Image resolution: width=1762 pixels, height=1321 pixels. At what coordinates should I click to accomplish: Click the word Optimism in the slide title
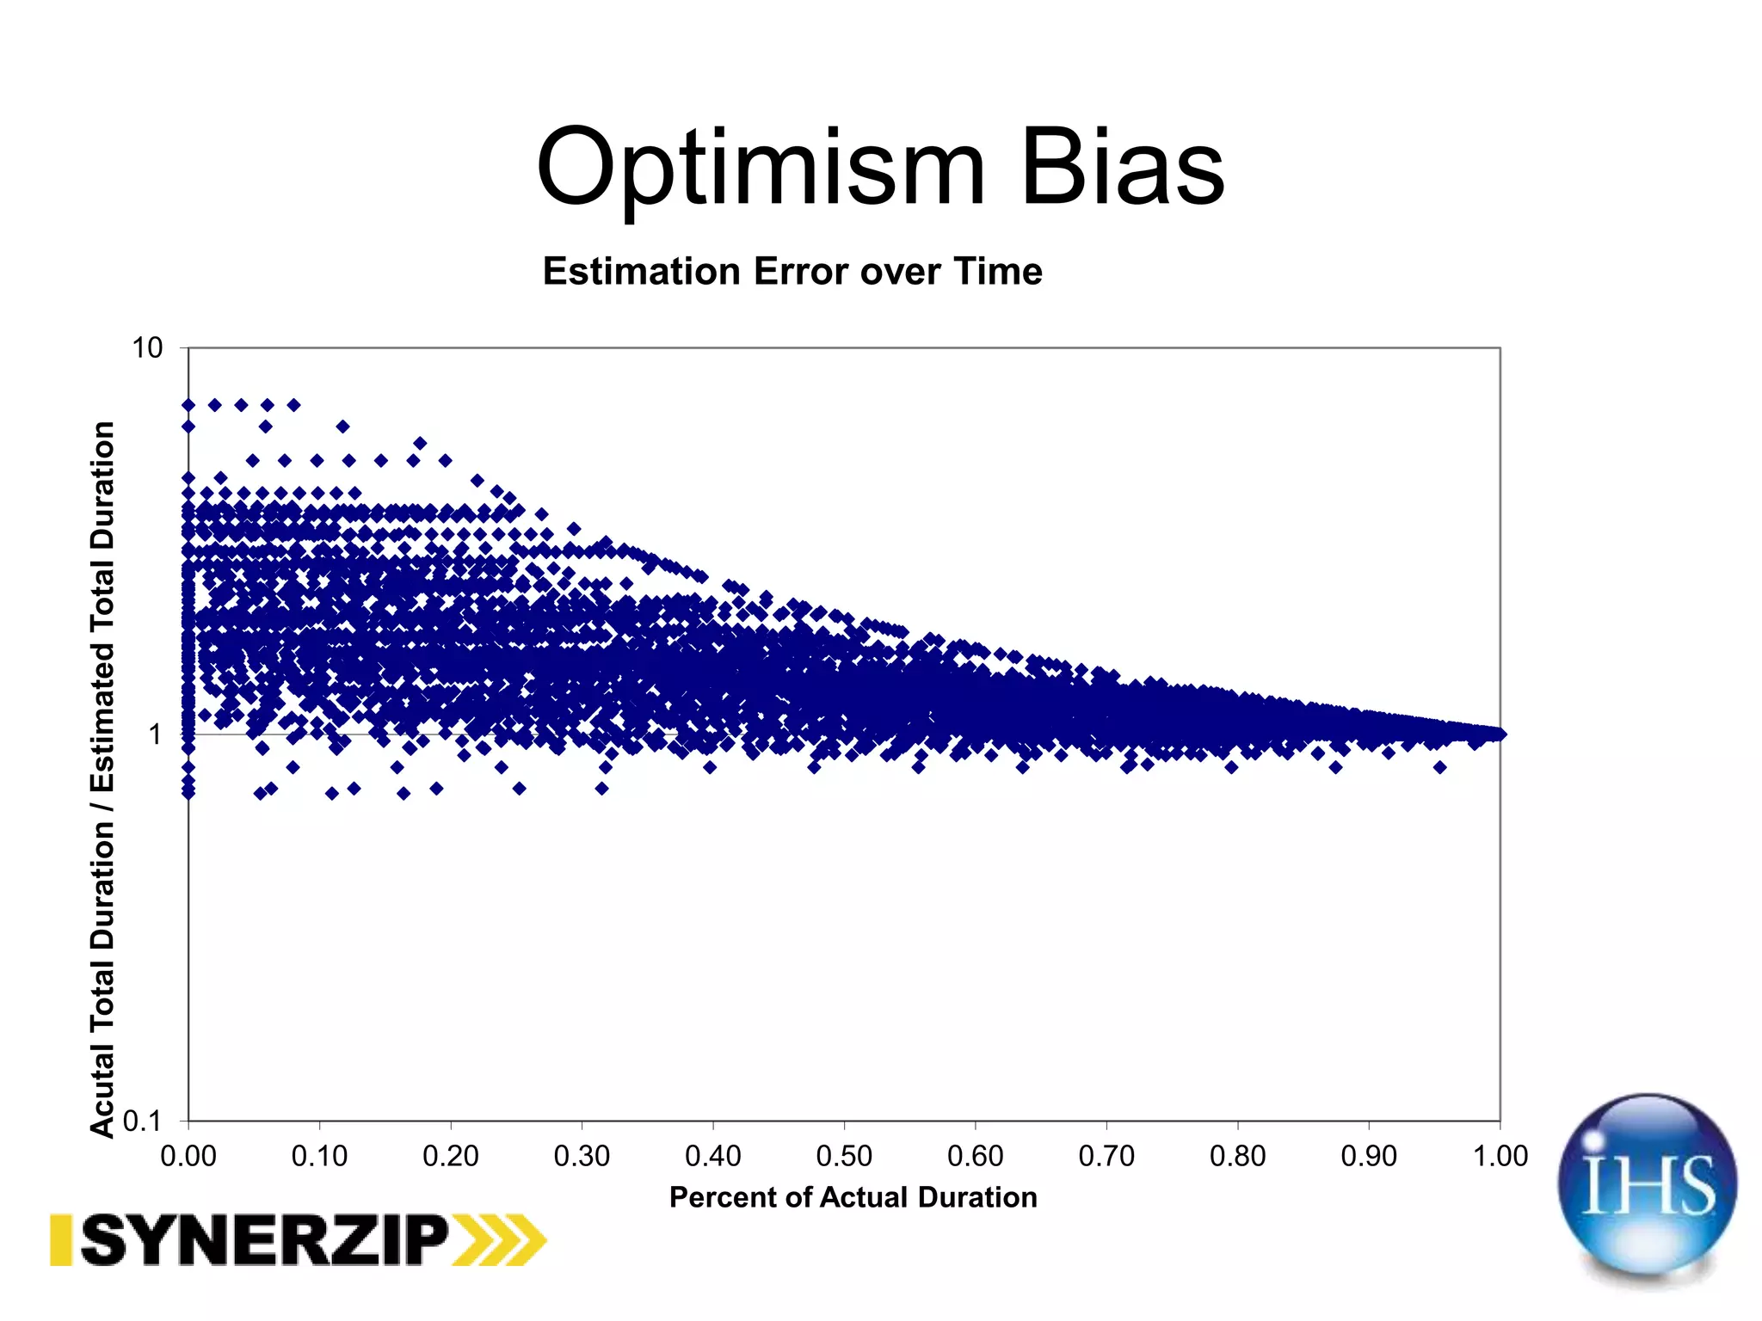click(x=761, y=168)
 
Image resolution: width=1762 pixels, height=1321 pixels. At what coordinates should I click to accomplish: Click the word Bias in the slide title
click(x=1123, y=168)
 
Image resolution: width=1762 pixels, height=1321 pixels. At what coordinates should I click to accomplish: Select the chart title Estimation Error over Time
click(x=792, y=272)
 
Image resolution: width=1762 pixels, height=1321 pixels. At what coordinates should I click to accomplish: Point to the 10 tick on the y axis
click(x=147, y=348)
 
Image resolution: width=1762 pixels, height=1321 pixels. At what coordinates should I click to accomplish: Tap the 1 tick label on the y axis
click(x=155, y=735)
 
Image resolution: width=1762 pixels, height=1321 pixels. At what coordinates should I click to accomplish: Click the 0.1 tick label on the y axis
click(x=142, y=1121)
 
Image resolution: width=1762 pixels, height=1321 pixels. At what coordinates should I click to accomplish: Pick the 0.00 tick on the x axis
click(x=188, y=1156)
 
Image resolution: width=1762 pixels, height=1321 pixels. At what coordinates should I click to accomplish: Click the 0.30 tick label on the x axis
click(x=582, y=1156)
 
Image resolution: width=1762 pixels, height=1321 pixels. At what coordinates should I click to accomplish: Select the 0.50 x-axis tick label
click(x=844, y=1156)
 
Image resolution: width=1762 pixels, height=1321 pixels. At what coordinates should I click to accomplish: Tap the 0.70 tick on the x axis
click(x=1106, y=1156)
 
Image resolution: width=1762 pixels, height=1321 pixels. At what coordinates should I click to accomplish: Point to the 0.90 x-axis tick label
click(x=1369, y=1156)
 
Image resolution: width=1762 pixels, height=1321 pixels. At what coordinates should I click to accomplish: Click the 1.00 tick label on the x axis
click(x=1500, y=1156)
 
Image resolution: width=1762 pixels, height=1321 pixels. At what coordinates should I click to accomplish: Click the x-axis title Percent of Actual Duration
click(x=853, y=1197)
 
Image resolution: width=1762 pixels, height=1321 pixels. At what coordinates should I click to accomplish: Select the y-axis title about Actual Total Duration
click(x=102, y=778)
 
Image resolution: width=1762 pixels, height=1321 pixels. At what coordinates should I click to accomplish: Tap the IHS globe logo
click(x=1647, y=1187)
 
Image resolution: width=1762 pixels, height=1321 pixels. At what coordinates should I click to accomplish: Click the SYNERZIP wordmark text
click(x=265, y=1240)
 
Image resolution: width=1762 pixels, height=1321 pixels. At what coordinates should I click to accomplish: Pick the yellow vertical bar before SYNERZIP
click(x=60, y=1240)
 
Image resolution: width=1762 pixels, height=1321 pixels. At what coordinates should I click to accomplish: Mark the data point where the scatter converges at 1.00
click(x=1499, y=734)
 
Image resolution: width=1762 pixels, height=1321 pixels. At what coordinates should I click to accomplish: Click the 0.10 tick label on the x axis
click(x=319, y=1156)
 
